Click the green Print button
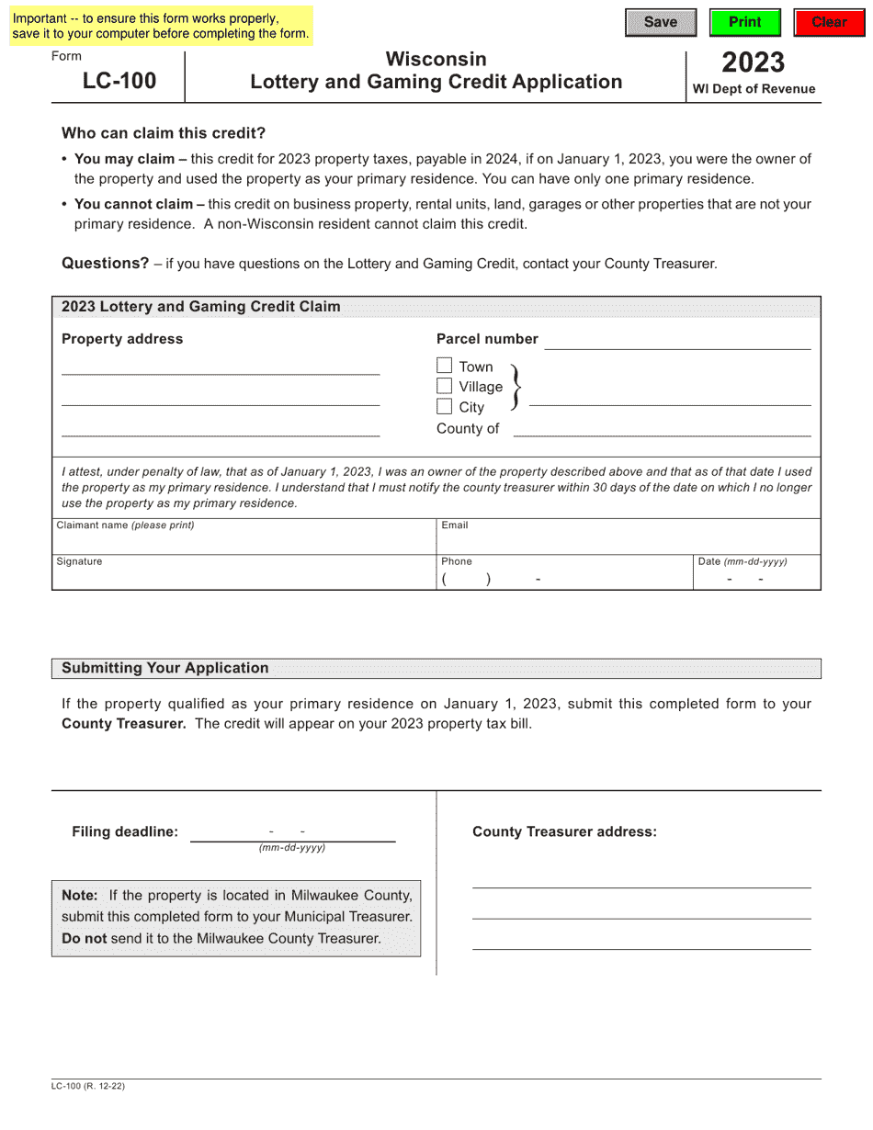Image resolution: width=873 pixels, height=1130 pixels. click(x=744, y=22)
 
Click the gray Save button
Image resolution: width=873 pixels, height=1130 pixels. click(x=660, y=22)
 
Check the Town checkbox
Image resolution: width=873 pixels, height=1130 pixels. click(x=445, y=366)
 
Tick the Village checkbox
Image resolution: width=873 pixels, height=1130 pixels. click(x=445, y=386)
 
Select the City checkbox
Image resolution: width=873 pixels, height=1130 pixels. click(x=445, y=406)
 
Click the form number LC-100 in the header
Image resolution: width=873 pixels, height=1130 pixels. click(x=119, y=81)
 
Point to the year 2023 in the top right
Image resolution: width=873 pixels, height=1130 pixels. click(x=753, y=62)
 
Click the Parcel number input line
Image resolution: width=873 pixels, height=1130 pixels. click(x=677, y=341)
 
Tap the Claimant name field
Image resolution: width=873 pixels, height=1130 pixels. click(x=244, y=541)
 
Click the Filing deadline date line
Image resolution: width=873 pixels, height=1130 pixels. click(x=292, y=831)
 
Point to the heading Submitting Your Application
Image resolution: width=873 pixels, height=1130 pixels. click(x=165, y=668)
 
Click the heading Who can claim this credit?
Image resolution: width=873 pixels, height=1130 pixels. click(x=164, y=133)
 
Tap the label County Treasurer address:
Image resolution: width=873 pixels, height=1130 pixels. click(x=564, y=831)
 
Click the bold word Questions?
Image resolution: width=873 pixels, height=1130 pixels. click(x=105, y=264)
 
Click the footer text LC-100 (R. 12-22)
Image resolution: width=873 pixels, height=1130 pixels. click(x=88, y=1086)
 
